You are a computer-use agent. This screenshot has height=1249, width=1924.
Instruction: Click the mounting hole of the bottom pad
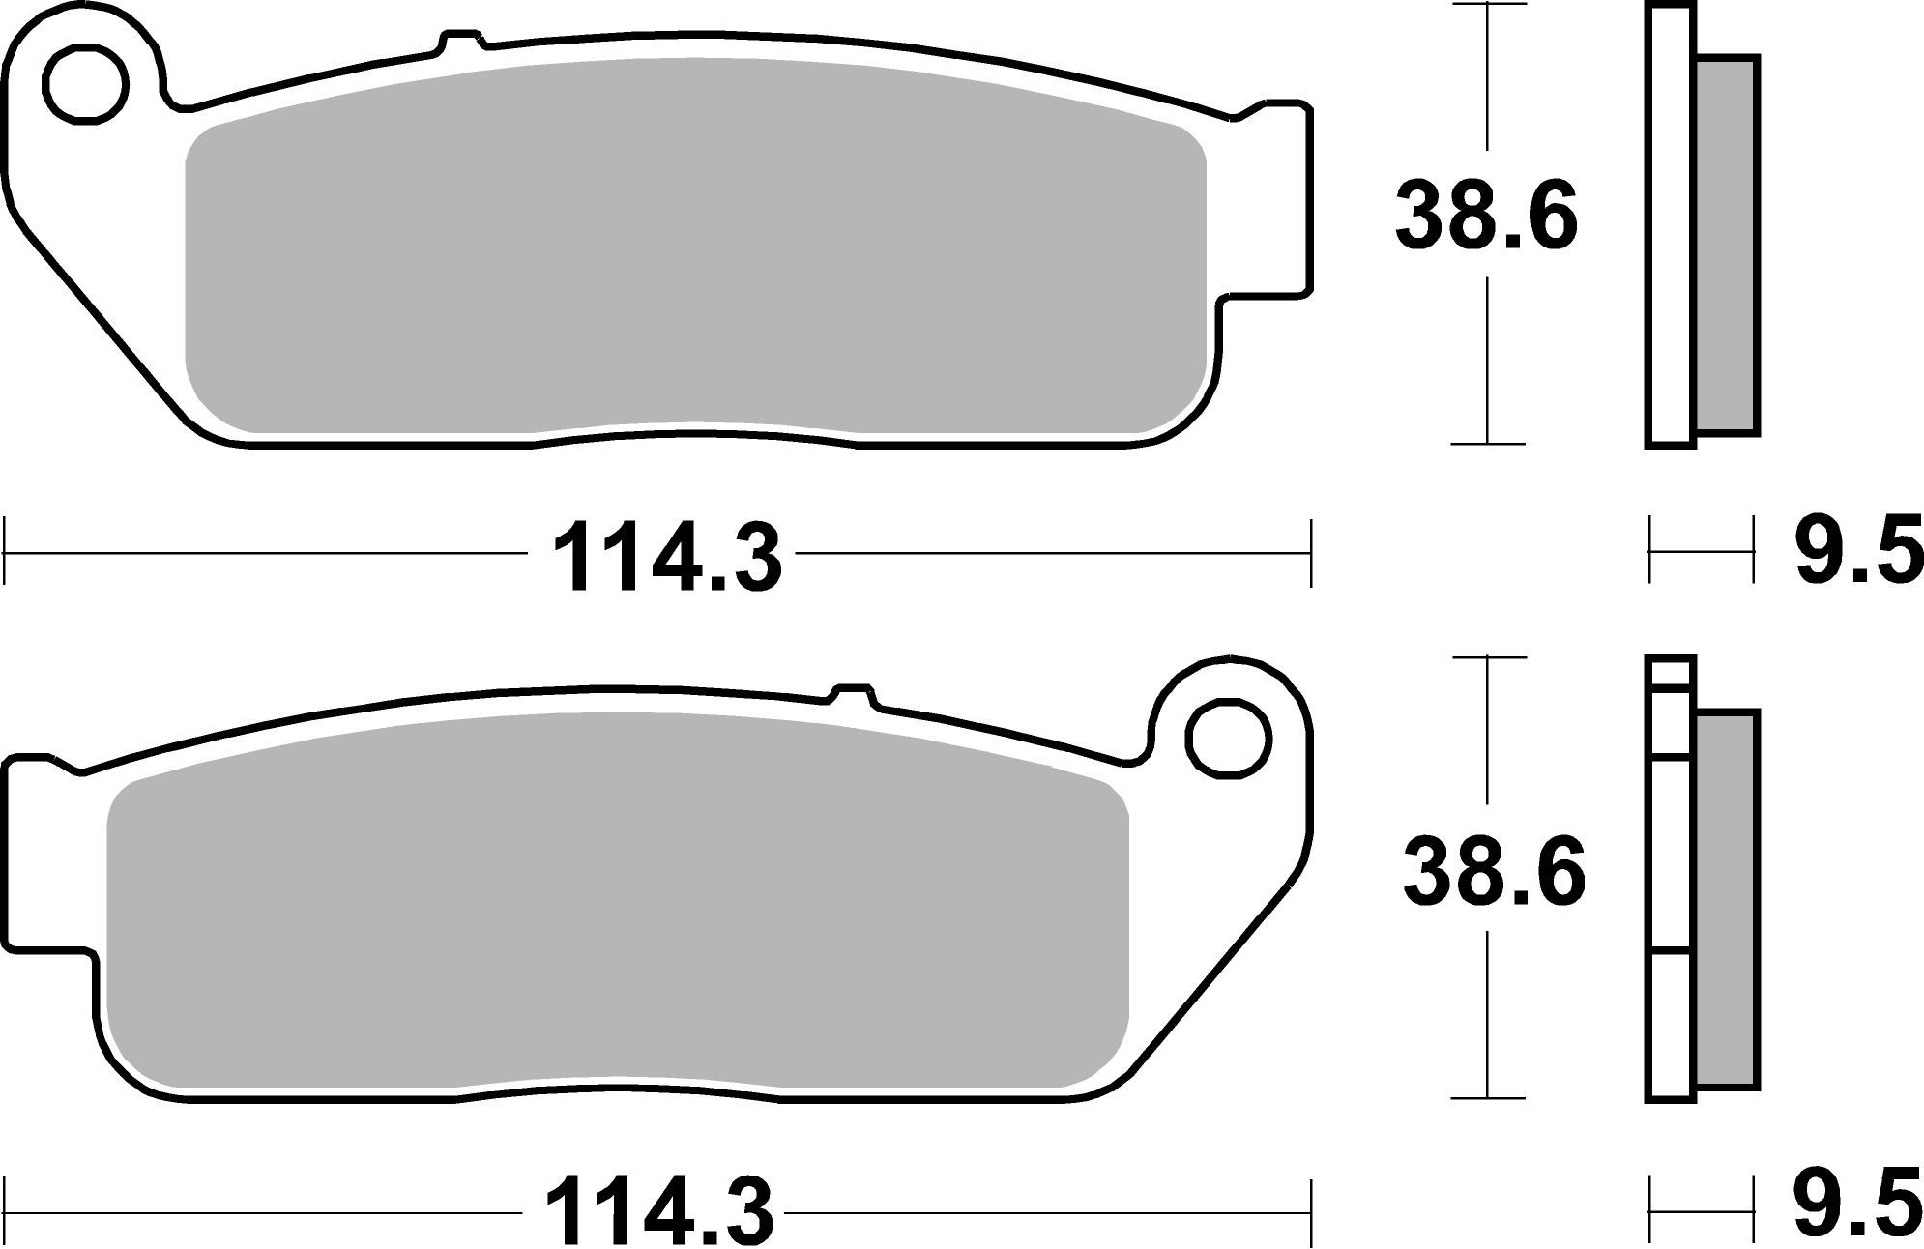(1227, 740)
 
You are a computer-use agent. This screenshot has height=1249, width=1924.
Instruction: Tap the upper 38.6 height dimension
(1485, 218)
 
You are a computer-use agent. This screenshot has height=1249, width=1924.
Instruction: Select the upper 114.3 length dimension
(666, 560)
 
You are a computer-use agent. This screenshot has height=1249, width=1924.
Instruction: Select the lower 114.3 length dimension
(659, 1211)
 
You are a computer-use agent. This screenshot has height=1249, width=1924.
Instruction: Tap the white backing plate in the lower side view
(1670, 870)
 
